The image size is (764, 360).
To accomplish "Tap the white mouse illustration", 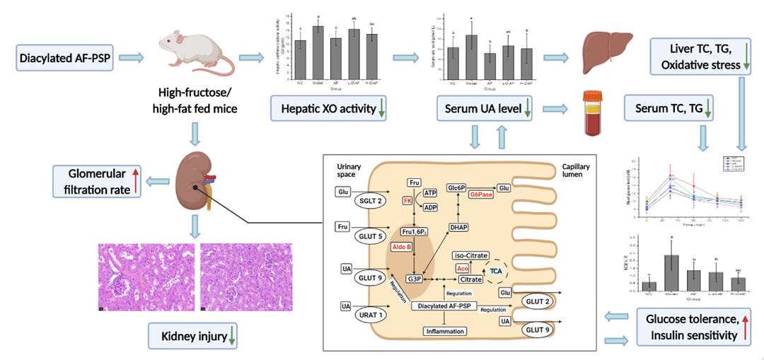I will click(194, 55).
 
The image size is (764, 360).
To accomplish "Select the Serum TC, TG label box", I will click(667, 109).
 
